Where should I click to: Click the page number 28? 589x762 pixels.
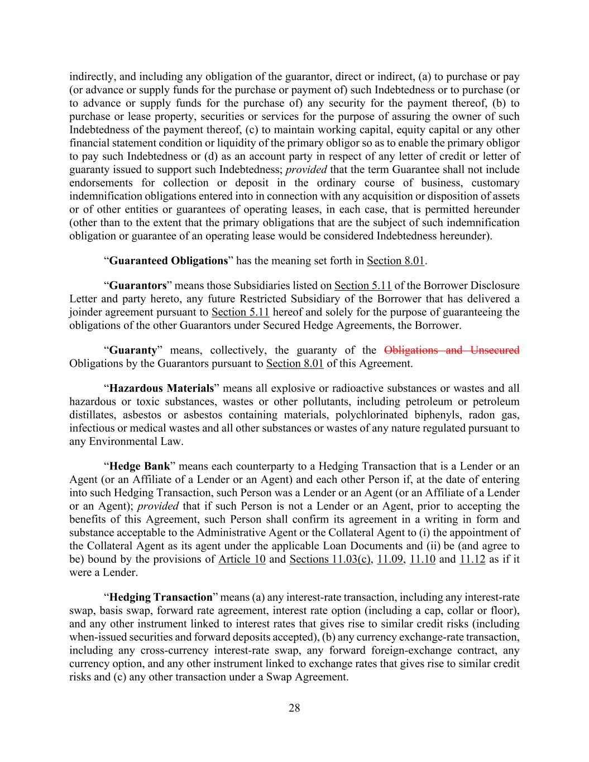click(294, 708)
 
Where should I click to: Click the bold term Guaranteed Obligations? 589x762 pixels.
click(169, 261)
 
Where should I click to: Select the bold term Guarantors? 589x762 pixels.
click(138, 286)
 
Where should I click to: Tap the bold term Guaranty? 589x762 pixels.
click(133, 351)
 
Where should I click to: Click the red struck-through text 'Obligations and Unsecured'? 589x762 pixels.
click(452, 351)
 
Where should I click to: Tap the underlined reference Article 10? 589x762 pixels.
click(242, 559)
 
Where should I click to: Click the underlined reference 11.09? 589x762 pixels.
click(390, 559)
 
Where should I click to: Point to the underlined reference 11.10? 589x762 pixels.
click(423, 559)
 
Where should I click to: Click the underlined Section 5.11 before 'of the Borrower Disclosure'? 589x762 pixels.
click(363, 286)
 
